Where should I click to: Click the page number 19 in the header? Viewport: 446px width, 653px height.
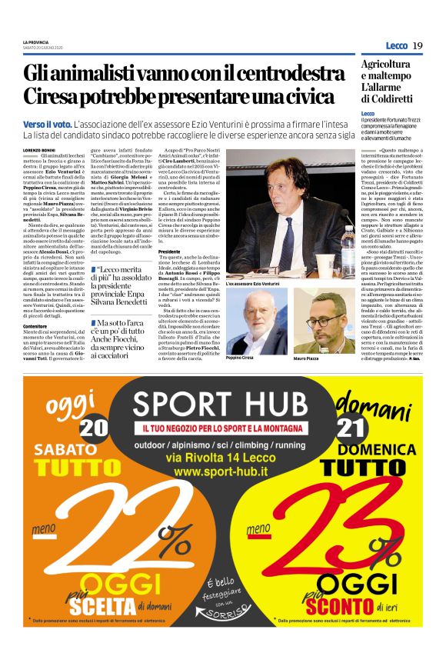(418, 45)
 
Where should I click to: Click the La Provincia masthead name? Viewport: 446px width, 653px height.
(35, 42)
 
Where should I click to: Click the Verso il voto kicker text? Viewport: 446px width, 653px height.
(48, 124)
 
